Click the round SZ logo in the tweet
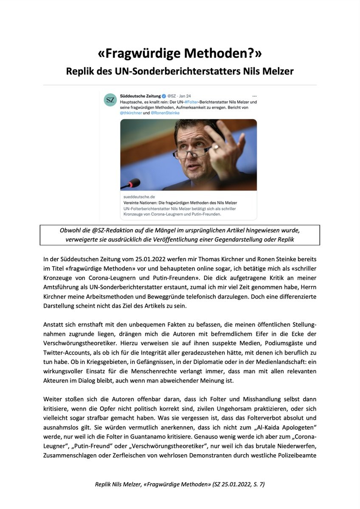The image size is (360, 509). tap(110, 100)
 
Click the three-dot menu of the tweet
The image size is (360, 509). tap(254, 96)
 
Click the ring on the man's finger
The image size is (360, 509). tap(216, 147)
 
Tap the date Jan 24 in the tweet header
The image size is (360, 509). tap(185, 96)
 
